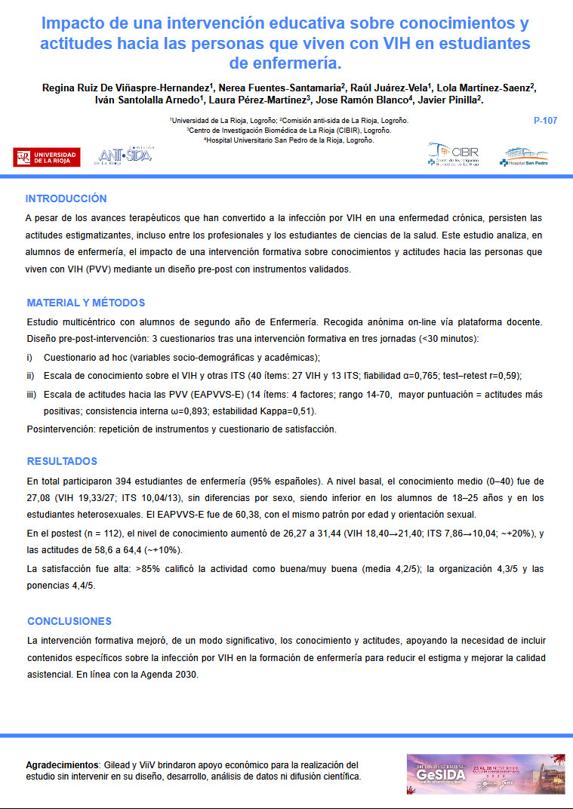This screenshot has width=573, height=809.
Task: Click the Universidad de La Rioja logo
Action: coord(48,156)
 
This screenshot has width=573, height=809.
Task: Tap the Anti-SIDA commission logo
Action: coord(124,155)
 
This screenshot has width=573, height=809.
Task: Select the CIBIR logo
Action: coord(453,155)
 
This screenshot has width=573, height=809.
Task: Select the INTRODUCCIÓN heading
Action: coord(66,199)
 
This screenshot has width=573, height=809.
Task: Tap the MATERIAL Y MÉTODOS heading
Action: coord(86,303)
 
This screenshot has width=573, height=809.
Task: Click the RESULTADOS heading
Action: coord(62,461)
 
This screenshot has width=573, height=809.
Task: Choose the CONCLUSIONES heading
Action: coord(69,621)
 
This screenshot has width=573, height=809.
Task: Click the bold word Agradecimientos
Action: coord(63,764)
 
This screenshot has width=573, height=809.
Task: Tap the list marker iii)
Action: coord(31,394)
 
